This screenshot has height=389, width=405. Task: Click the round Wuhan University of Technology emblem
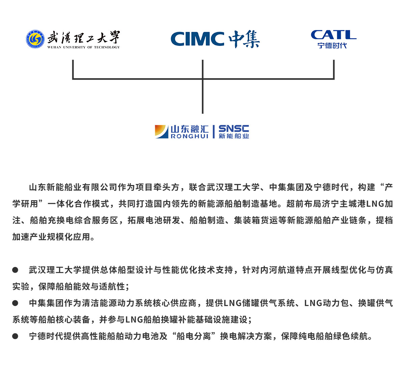pos(35,39)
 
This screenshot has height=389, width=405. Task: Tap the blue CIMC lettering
pos(197,39)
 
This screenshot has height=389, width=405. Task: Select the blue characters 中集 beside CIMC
pos(244,39)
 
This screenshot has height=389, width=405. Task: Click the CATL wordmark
pos(333,35)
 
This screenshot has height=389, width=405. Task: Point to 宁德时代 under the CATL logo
pos(332,46)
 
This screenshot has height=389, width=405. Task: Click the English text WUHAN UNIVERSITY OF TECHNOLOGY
pos(84,47)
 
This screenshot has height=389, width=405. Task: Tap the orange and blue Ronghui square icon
pos(162,131)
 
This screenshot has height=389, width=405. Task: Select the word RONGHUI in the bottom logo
pos(190,137)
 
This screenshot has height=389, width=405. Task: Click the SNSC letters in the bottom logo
pos(234,129)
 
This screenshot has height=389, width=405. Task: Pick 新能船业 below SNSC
pos(234,136)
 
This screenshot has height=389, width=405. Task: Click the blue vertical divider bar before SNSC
pos(214,131)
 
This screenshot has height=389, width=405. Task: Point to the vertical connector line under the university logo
pos(73,69)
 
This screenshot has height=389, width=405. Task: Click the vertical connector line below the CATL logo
pos(333,69)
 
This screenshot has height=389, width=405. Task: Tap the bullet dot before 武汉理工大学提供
pos(15,270)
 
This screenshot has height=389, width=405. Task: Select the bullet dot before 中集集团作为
pos(15,303)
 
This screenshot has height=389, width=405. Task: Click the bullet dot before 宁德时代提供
pos(15,336)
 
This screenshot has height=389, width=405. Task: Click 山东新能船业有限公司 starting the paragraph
pos(73,187)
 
